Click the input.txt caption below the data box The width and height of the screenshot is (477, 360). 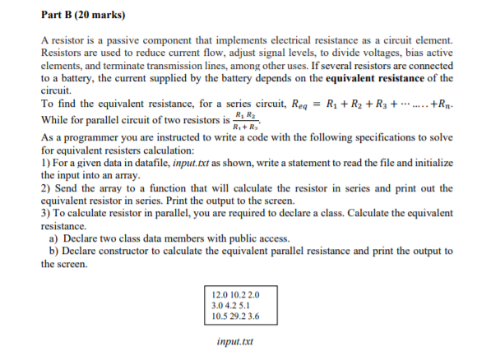234,339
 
